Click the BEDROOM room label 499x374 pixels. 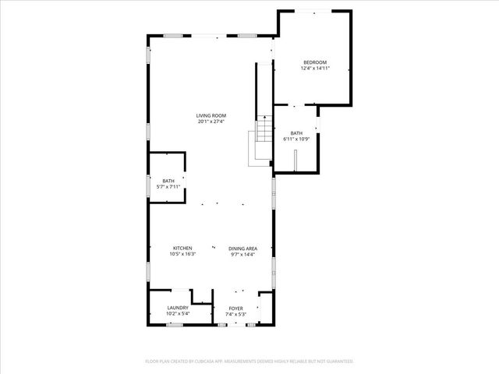pos(314,62)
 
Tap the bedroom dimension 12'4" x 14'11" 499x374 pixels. pos(314,69)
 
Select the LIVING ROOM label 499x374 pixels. pos(211,115)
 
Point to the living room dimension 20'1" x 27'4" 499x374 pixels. pos(211,122)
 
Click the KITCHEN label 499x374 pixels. pos(182,248)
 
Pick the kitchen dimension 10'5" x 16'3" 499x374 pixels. pos(182,254)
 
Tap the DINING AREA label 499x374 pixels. pos(242,248)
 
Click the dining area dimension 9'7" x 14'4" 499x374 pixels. pos(242,254)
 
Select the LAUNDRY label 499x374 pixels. pos(178,308)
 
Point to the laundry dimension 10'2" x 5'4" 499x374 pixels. pos(178,314)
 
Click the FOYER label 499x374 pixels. pos(235,308)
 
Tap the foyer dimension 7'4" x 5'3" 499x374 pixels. pos(235,314)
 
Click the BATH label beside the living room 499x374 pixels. pos(168,181)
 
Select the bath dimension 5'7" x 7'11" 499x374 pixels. pos(168,187)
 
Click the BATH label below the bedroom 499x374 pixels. pos(296,133)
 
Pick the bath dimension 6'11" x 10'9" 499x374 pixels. pos(296,139)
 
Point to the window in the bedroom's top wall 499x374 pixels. pos(315,11)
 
